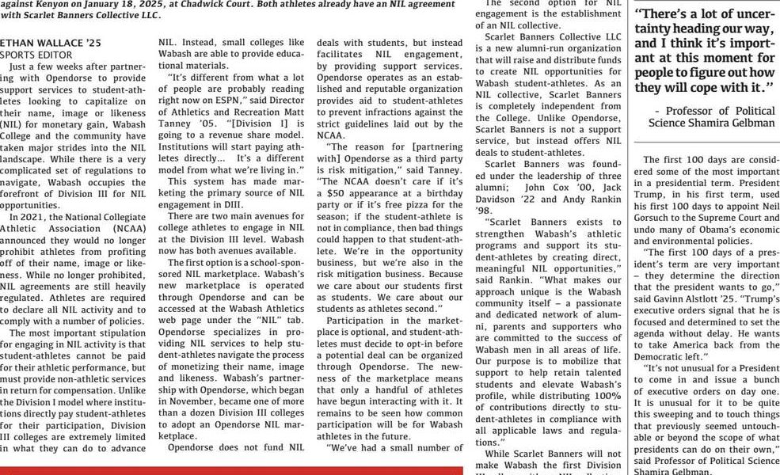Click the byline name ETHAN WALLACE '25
point(40,42)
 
